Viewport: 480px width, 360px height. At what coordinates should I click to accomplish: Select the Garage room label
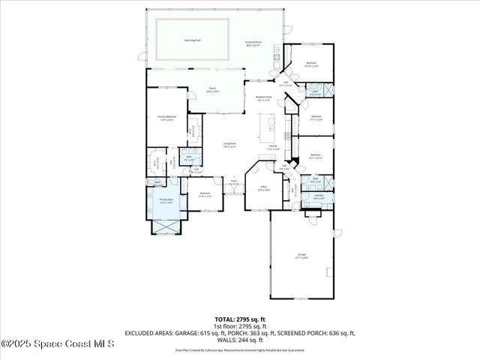(303, 256)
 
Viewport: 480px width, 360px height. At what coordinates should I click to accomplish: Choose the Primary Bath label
(165, 200)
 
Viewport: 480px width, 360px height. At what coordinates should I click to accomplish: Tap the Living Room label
(229, 145)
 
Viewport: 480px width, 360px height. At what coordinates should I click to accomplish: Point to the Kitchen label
(274, 148)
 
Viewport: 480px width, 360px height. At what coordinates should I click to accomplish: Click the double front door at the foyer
(234, 194)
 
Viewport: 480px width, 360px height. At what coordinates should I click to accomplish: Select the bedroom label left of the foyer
(205, 194)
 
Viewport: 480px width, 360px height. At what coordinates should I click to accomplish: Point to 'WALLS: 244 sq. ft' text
(239, 340)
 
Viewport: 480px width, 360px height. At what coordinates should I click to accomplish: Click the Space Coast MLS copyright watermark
(58, 344)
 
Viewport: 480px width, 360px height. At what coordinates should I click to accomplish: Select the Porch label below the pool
(212, 89)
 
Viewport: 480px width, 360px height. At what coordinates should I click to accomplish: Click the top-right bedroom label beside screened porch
(310, 64)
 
